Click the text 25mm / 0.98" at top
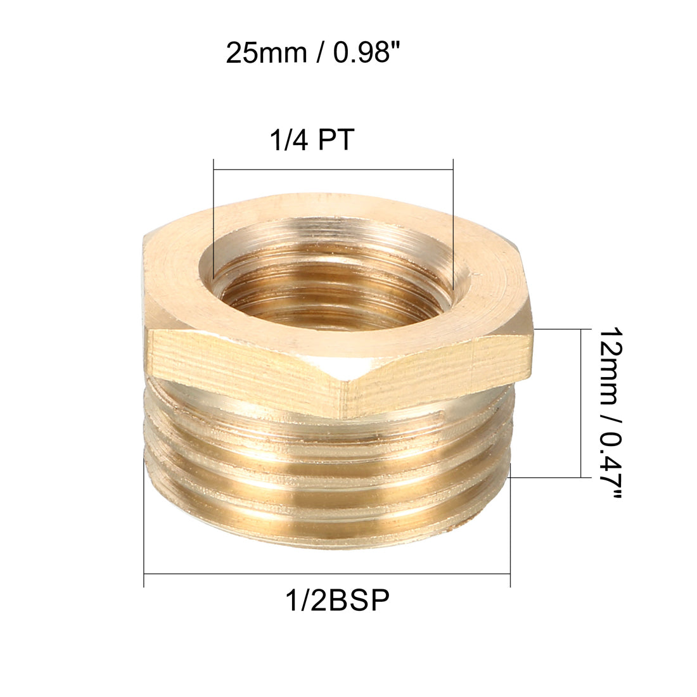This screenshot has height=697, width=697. (314, 53)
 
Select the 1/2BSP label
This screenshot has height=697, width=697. (335, 599)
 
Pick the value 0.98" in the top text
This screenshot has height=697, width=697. (366, 53)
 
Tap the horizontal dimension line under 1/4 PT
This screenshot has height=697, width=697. (333, 169)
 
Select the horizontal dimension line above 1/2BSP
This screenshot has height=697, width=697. (327, 574)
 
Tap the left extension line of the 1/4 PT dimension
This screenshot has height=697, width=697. (214, 209)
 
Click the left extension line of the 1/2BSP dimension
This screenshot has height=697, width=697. (144, 520)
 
